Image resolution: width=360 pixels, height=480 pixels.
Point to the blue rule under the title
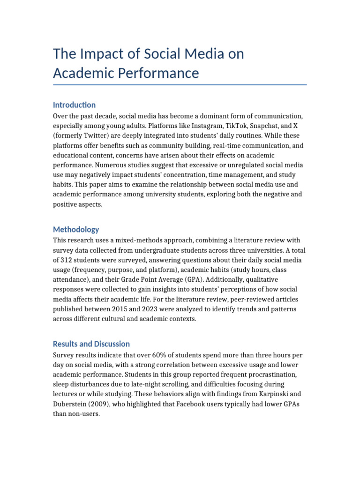pos(180,85)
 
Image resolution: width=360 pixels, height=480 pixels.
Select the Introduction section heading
pos(74,105)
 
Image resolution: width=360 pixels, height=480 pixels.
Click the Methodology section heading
pos(76,229)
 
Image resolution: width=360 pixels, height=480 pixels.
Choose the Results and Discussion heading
pos(91,344)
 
